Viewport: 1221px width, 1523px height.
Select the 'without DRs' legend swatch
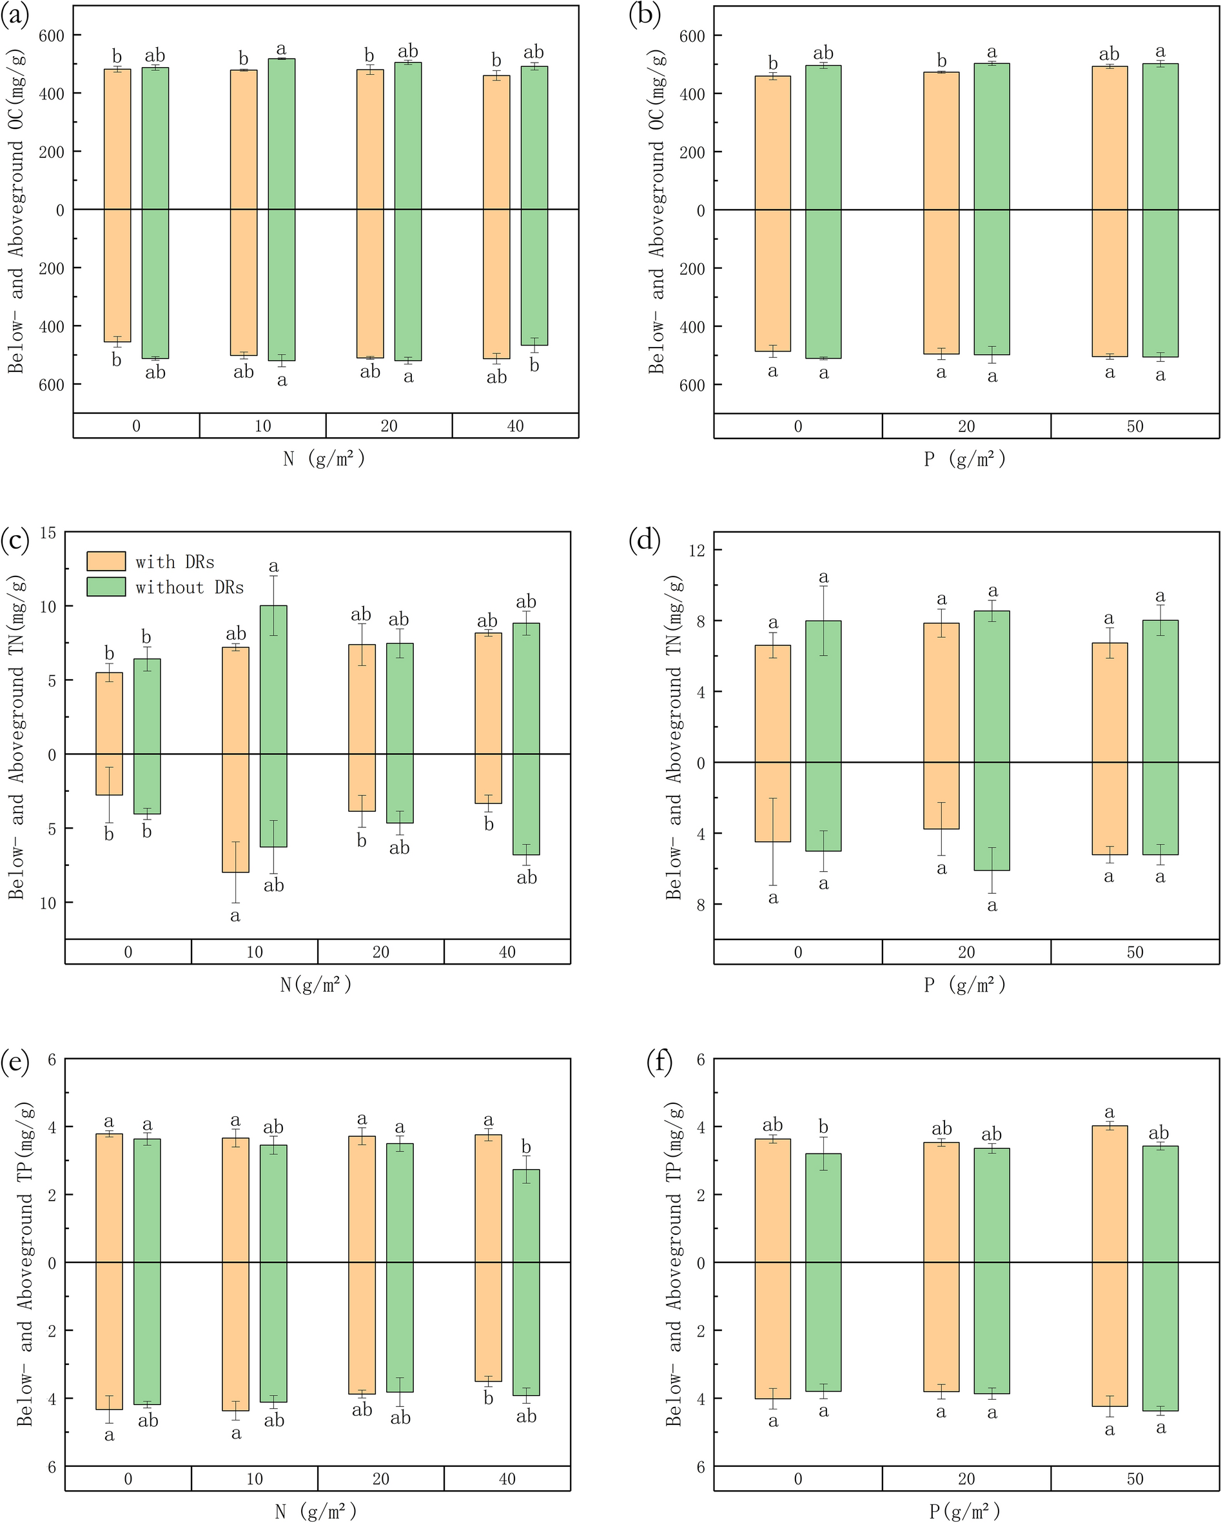106,587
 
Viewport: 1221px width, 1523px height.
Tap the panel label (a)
15,16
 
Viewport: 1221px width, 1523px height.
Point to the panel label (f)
659,1062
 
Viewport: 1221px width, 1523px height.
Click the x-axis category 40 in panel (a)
516,426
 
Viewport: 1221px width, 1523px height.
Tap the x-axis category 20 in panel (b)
966,426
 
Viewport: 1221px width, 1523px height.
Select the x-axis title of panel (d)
965,985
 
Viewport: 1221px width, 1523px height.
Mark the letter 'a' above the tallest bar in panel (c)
274,567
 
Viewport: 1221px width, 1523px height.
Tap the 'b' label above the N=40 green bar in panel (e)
526,1146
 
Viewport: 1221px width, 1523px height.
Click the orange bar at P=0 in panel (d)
772,743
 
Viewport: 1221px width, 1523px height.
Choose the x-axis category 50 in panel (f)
1135,1479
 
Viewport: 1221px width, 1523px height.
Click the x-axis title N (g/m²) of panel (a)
324,459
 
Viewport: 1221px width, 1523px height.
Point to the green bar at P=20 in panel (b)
991,209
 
